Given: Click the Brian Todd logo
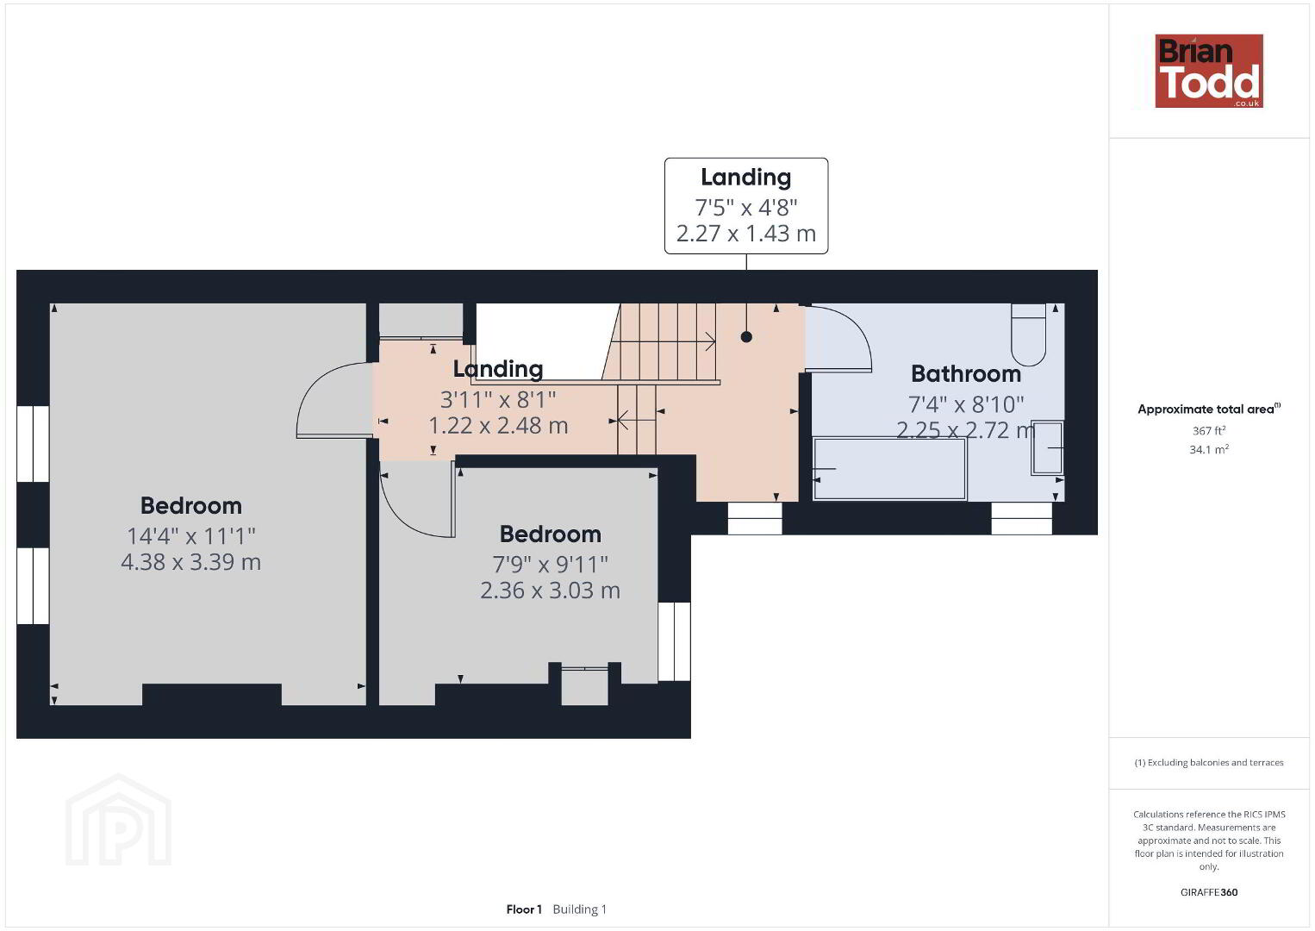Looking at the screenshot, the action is [x=1209, y=71].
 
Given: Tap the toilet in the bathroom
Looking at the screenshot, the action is [x=1029, y=334].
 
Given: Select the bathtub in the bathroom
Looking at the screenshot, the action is [x=889, y=469].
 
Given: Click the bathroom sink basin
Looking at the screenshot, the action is [x=1047, y=447].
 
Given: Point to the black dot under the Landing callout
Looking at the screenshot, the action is [x=746, y=336].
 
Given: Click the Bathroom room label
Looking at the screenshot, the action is [x=966, y=373].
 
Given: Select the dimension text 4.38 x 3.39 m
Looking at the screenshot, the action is [x=190, y=562].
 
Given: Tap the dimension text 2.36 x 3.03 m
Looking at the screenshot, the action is [x=550, y=590].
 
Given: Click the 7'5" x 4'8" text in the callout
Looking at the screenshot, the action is [x=746, y=208].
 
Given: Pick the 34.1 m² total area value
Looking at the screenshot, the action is [x=1209, y=449].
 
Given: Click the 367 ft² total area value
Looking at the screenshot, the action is [x=1209, y=430].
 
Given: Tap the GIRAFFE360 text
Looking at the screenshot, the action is [x=1209, y=892].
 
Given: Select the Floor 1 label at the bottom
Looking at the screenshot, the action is [x=524, y=909].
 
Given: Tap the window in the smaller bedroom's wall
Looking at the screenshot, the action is [x=674, y=641].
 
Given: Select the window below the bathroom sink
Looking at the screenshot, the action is [x=1021, y=518].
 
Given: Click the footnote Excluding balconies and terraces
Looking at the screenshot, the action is [x=1209, y=762].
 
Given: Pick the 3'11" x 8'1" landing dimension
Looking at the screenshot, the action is [x=498, y=400].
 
